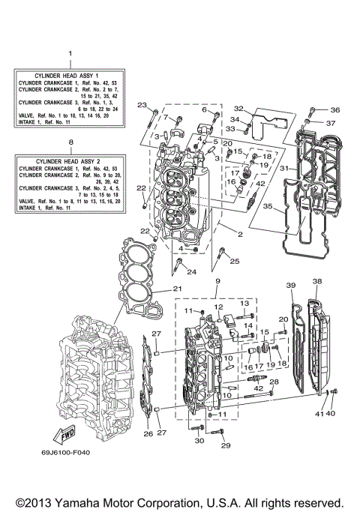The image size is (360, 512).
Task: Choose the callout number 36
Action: pos(334,109)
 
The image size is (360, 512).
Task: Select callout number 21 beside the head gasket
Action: pos(177,289)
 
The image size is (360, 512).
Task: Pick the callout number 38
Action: pos(316,282)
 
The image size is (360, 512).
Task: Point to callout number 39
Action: pos(291,286)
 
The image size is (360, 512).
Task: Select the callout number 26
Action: pos(148,433)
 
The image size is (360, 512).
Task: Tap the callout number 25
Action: pos(235,261)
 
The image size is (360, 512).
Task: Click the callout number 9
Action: pos(217,281)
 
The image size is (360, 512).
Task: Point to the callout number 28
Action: pos(274,382)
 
